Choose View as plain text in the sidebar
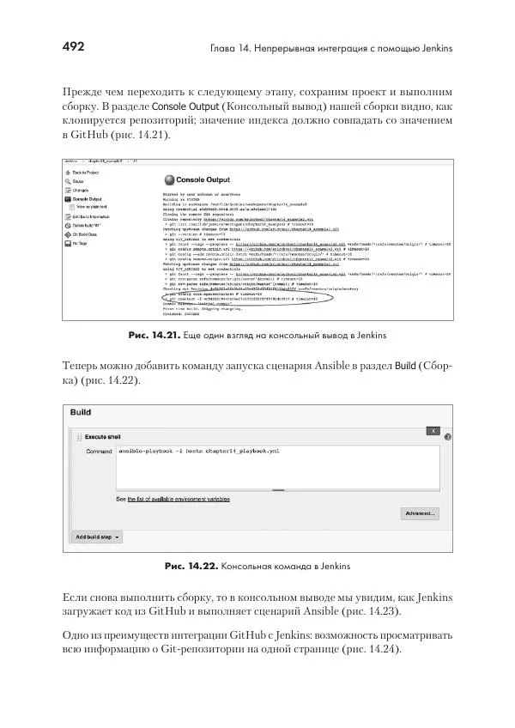coord(94,207)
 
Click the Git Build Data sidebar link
coord(89,234)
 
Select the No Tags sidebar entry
coord(81,243)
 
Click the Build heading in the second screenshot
coord(82,412)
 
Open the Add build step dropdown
coord(97,537)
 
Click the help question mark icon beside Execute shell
coord(447,437)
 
